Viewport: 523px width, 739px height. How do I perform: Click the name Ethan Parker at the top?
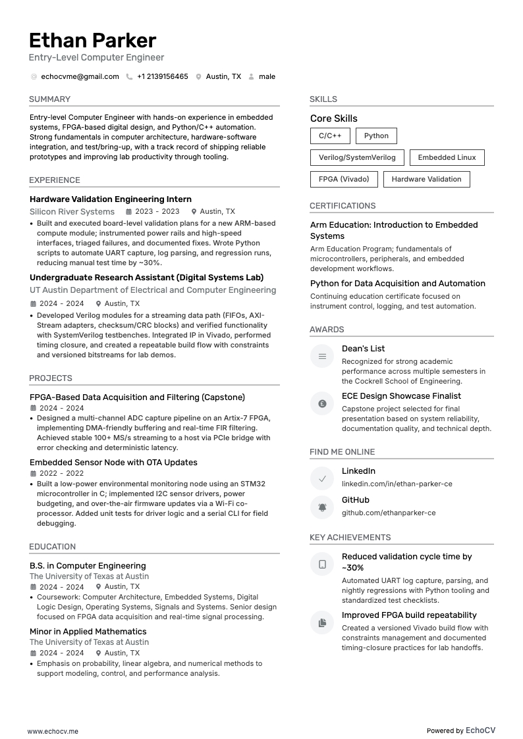[92, 40]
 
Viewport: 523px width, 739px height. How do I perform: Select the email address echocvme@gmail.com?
[80, 76]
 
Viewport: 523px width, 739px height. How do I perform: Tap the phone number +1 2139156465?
[162, 76]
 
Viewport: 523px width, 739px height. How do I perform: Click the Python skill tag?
[376, 136]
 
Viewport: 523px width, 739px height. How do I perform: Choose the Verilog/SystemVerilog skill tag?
[357, 157]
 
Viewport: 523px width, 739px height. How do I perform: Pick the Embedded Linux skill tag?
[447, 157]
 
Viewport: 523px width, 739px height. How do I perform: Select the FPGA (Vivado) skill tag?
[344, 179]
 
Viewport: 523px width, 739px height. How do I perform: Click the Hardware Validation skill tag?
[426, 179]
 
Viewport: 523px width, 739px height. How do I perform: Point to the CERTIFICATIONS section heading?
[343, 206]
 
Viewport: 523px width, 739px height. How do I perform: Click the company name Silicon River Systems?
[72, 212]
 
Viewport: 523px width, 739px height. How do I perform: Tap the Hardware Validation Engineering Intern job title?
[111, 199]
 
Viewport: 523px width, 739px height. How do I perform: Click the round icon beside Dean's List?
[322, 356]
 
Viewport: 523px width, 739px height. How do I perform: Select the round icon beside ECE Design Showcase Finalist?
[322, 403]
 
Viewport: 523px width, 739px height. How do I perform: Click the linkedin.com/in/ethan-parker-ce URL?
[397, 484]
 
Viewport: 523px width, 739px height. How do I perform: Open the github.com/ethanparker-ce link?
[388, 513]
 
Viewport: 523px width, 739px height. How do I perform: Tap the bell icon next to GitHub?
[322, 507]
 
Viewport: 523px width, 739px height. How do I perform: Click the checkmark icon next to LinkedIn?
[322, 478]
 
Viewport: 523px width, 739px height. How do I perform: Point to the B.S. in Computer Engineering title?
[88, 566]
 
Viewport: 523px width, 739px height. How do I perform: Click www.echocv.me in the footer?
[53, 731]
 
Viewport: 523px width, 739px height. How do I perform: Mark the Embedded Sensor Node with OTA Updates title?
[113, 463]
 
